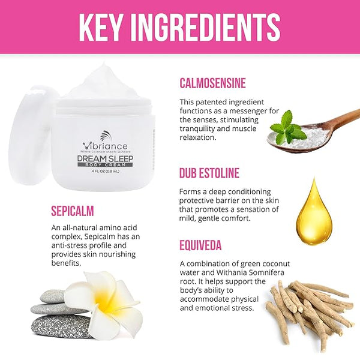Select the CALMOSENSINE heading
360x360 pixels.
(212, 83)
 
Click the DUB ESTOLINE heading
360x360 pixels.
(209, 173)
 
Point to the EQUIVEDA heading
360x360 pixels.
(200, 245)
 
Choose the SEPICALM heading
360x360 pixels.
(73, 211)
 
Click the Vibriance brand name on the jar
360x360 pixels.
(105, 146)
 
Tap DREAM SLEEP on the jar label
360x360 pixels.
(105, 158)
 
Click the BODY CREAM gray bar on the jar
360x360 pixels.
(105, 165)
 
